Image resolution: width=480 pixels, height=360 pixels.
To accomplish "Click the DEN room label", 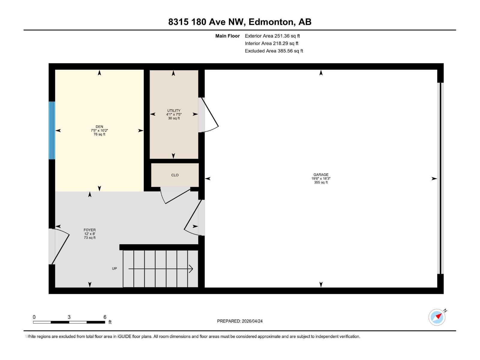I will pos(99,127).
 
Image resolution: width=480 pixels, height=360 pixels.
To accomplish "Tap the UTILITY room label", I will pos(174,111).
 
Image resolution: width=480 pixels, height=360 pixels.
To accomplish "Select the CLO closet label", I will pos(175,175).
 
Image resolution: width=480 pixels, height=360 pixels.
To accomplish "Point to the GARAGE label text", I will pos(321,175).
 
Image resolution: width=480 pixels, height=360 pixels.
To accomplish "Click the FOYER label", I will pos(90,230).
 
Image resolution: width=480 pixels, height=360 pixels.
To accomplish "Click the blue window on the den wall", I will pos(52,130).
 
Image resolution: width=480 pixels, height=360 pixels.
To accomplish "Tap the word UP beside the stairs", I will pos(114,268).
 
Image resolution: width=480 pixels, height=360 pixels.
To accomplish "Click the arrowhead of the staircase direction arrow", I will pos(191,269).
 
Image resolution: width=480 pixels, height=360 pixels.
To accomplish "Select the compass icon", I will pos(437,317).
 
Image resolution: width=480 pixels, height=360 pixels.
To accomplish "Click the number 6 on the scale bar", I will pos(105,317).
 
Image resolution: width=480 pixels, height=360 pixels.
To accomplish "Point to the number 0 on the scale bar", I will pos(34,317).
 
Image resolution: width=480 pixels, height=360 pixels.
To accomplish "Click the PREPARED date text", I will pos(240,321).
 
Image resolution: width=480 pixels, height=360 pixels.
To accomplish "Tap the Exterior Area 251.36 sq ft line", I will pos(272,36).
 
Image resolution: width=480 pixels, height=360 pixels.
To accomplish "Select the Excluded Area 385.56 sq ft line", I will pos(274,51).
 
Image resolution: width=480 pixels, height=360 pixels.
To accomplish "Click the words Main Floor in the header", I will pos(227,36).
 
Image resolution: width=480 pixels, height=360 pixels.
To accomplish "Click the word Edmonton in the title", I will pos(271,22).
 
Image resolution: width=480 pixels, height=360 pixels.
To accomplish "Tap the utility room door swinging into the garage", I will pos(209,115).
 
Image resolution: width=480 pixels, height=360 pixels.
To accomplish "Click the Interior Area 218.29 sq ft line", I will pos(271,43).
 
